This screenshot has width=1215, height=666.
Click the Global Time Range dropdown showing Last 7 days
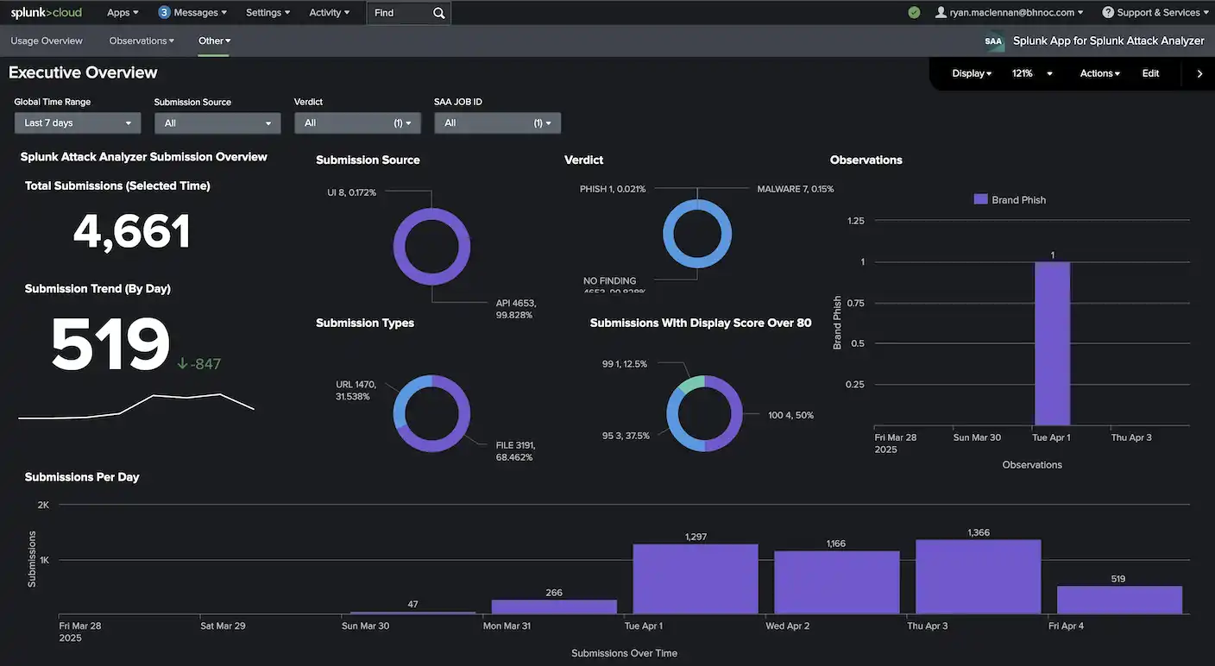(77, 123)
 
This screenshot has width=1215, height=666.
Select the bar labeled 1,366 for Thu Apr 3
(978, 576)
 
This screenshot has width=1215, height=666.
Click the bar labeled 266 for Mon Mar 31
(554, 606)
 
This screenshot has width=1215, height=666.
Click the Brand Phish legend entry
(1010, 200)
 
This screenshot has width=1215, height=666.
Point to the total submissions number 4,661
(131, 232)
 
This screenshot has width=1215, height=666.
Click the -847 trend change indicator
(199, 364)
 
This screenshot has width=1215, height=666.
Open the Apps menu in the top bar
(122, 13)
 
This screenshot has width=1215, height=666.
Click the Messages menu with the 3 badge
(193, 13)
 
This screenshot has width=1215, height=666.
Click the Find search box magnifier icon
(439, 13)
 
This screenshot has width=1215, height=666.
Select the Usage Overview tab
(47, 41)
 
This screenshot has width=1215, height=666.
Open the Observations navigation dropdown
(142, 41)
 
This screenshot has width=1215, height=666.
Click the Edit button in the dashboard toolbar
(1150, 73)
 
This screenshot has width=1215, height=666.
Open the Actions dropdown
(1099, 73)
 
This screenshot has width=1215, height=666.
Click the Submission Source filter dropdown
(217, 123)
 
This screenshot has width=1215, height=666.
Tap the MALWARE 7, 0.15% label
(795, 189)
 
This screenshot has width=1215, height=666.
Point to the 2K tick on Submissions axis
(43, 505)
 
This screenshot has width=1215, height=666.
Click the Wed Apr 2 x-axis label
(787, 625)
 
